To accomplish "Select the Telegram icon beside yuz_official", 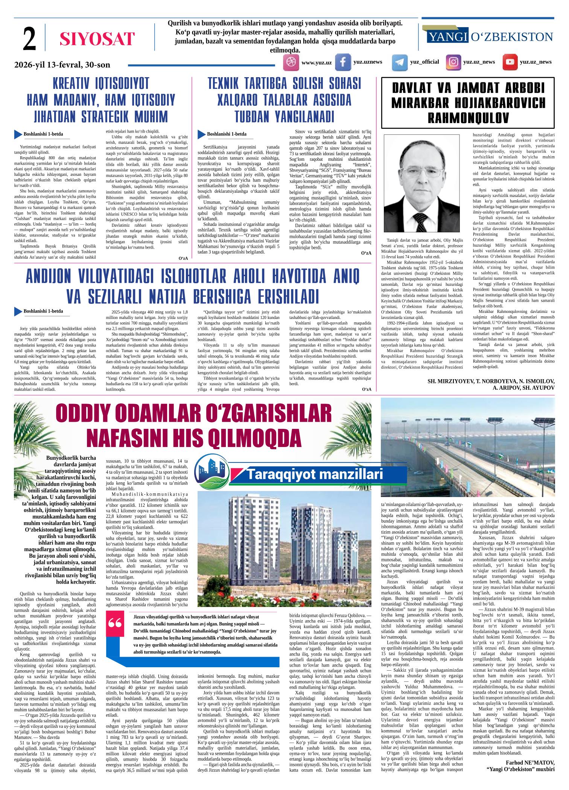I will coord(399,63).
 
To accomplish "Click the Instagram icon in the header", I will coord(454,63).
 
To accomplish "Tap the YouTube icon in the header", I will coord(510,63).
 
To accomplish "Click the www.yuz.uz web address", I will coord(316,63).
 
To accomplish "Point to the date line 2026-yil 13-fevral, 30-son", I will coord(62,65).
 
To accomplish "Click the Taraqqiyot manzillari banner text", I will coord(315,474).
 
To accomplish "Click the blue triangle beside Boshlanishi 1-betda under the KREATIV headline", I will coord(18,134).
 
